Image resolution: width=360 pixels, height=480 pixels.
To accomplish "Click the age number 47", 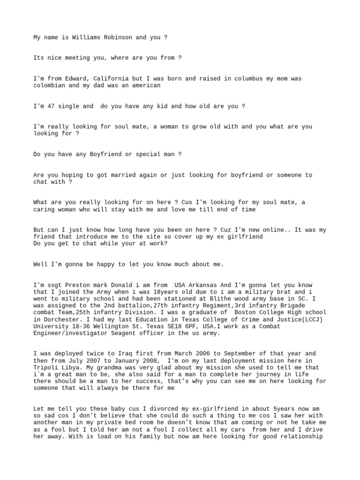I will point(51,106).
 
